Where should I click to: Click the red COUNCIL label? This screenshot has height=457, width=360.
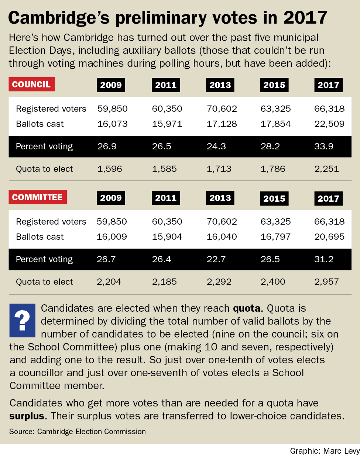point(31,84)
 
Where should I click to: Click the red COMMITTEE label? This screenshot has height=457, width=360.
point(37,197)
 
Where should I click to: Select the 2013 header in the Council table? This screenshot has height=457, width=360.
point(220,85)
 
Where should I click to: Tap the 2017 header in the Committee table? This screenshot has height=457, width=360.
point(328,198)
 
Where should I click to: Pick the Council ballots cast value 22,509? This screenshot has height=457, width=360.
point(329,124)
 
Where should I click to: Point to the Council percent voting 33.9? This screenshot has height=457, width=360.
point(324,146)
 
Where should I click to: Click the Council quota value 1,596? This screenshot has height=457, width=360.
point(110,169)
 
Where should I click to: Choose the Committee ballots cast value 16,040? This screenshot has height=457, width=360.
point(222,237)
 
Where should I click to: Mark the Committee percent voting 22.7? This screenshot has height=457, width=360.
point(216,259)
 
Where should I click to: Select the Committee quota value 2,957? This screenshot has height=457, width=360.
point(326,282)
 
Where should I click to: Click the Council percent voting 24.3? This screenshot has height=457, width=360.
point(216,146)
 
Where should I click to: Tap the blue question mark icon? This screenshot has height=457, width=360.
point(22,320)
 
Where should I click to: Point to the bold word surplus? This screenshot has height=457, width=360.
point(27,416)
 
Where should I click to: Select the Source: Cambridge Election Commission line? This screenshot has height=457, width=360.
point(78,432)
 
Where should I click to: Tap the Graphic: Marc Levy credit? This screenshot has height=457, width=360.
point(325,451)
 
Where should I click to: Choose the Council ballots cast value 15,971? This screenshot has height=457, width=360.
point(167,124)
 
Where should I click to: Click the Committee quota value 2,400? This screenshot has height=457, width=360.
point(273,282)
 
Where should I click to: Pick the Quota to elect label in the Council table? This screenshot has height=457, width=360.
point(44,169)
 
